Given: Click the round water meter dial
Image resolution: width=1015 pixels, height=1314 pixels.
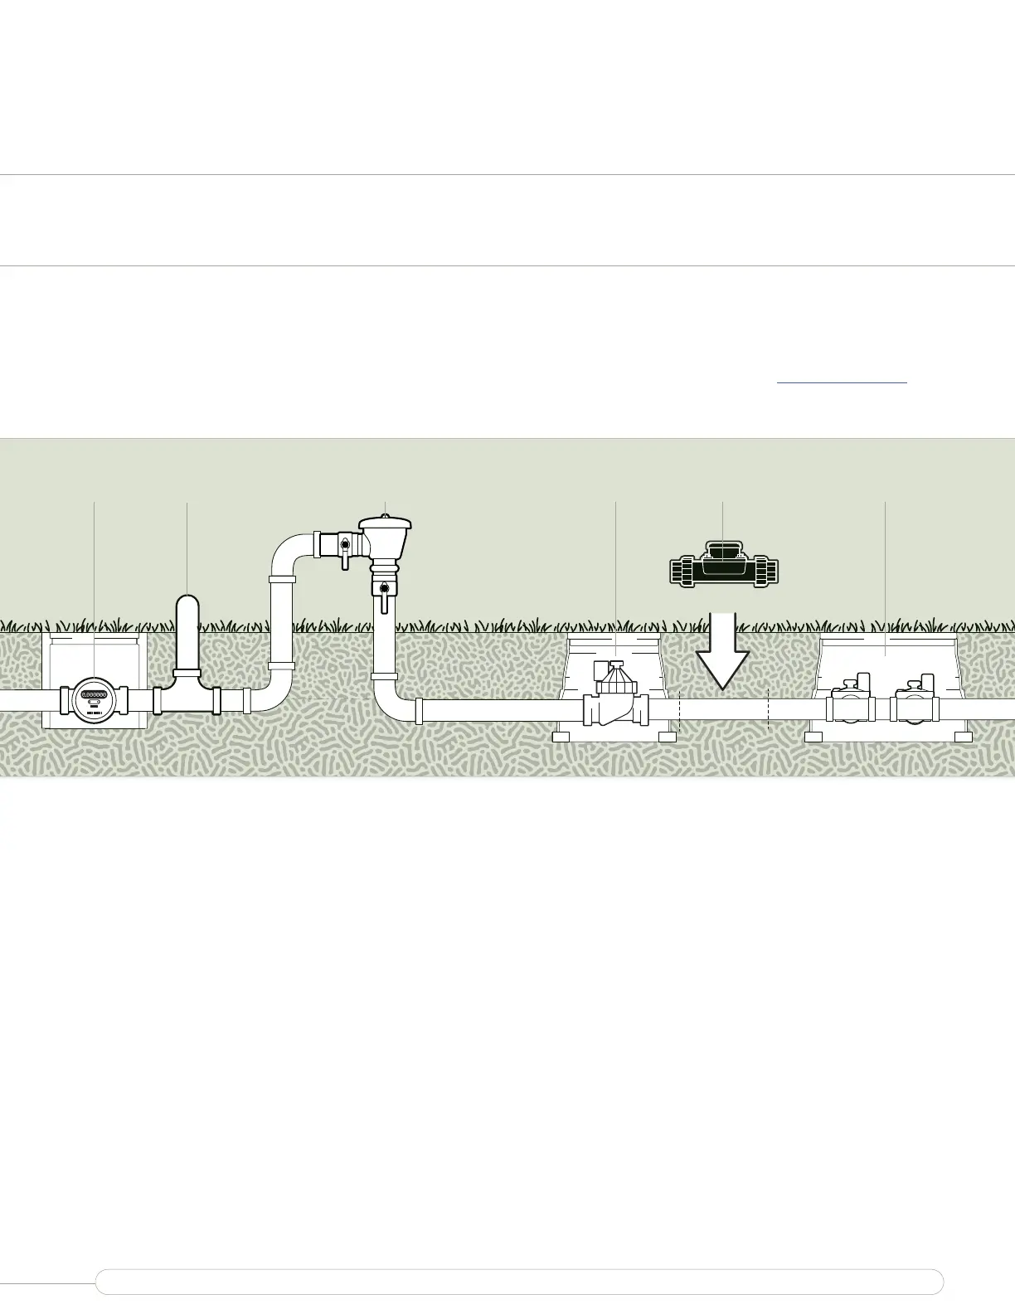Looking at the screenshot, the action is [x=95, y=700].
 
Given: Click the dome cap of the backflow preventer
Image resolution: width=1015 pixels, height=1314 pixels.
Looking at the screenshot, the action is [x=385, y=525].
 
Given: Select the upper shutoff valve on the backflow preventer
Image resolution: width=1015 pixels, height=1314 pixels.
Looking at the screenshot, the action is [x=345, y=547].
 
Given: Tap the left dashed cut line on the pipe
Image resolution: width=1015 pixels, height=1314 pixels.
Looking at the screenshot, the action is [x=680, y=710].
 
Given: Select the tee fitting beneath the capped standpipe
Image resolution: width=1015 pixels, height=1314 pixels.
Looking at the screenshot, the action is [x=187, y=695].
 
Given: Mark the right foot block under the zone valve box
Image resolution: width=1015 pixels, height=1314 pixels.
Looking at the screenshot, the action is [x=963, y=737].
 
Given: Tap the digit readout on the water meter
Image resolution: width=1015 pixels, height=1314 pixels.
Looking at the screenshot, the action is [x=94, y=695].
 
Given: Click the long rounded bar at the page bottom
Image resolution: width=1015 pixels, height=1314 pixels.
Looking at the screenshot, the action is [x=519, y=1282].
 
